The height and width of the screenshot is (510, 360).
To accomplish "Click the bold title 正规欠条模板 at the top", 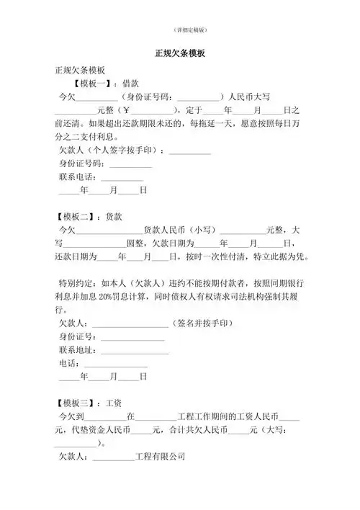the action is pos(180,53).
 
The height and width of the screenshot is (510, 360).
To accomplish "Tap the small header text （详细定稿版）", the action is pos(180,30).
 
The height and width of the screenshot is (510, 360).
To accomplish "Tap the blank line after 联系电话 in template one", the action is pos(122,177).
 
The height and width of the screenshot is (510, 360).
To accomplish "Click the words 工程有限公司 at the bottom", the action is pos(160,456).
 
